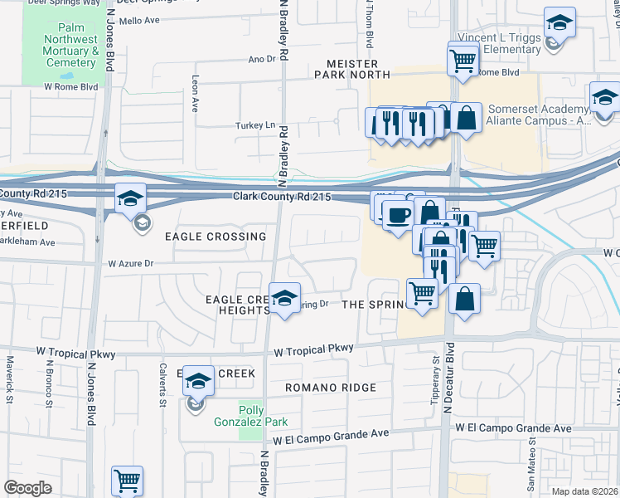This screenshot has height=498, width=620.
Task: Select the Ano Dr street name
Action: coord(261,59)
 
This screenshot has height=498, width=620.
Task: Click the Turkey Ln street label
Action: coord(258,125)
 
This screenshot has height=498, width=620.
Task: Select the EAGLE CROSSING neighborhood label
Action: coord(216,237)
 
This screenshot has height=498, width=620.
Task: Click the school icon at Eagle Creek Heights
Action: coord(284,300)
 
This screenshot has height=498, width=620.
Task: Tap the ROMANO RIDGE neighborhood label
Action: coord(331,388)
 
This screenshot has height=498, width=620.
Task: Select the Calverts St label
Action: coord(163,382)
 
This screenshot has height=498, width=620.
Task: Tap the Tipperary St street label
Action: coord(434,372)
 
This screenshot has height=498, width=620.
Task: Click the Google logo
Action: coord(27,488)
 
